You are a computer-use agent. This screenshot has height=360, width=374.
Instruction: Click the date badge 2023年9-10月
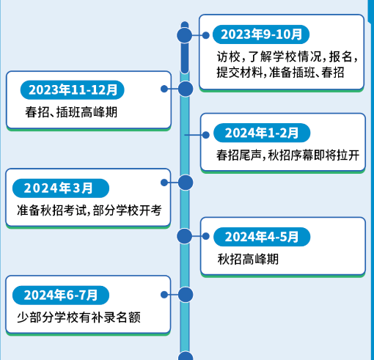tap(261, 34)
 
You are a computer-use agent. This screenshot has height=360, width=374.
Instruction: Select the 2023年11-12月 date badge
tap(73, 90)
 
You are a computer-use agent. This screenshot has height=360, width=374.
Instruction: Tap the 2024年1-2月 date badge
tap(262, 133)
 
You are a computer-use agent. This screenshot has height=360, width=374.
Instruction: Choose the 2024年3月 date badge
tap(61, 188)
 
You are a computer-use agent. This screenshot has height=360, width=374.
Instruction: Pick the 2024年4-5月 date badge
tap(262, 237)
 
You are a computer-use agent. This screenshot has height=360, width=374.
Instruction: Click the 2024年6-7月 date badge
tap(61, 295)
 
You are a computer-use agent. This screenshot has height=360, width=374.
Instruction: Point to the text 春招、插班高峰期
tap(71, 112)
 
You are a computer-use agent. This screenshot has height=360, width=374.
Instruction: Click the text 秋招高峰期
tap(248, 259)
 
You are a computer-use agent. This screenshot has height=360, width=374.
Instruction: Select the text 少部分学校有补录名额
tap(78, 317)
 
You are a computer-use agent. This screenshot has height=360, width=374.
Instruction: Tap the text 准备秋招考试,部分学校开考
tap(89, 210)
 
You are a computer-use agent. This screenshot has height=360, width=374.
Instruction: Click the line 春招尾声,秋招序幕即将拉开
tap(288, 155)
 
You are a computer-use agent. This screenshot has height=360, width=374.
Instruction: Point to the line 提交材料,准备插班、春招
tap(280, 73)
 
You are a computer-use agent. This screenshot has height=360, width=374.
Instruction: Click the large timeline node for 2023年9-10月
tap(185, 35)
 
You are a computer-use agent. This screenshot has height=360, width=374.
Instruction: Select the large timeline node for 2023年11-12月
tap(186, 89)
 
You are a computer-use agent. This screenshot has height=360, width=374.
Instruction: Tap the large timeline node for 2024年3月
tap(186, 183)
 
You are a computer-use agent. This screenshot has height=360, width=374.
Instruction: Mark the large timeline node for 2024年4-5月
tap(185, 236)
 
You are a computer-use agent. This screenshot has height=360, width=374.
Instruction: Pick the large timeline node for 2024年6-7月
tap(186, 295)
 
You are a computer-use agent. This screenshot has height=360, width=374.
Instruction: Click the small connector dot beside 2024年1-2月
tap(206, 135)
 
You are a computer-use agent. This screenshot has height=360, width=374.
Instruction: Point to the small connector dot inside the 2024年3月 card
tap(164, 183)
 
